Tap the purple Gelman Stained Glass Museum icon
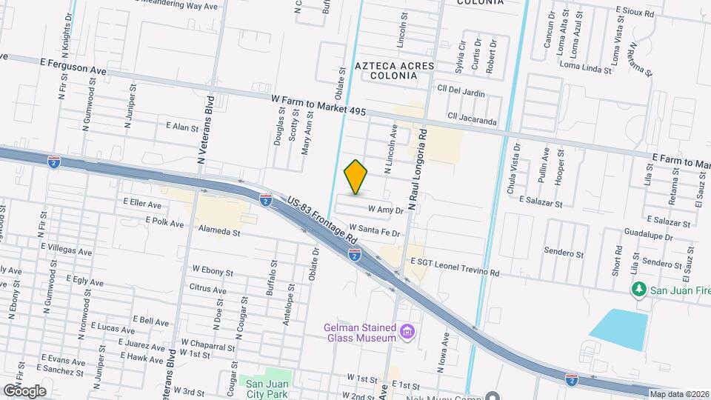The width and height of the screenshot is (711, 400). point(406,330)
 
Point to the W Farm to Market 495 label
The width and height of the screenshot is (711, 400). point(318,104)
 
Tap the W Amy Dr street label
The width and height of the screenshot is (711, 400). point(384,210)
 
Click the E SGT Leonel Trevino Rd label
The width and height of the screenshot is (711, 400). point(455,267)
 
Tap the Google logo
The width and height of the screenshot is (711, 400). point(24,390)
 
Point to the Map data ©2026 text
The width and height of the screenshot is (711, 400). point(679,394)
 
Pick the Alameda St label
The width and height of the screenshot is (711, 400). point(215,232)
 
